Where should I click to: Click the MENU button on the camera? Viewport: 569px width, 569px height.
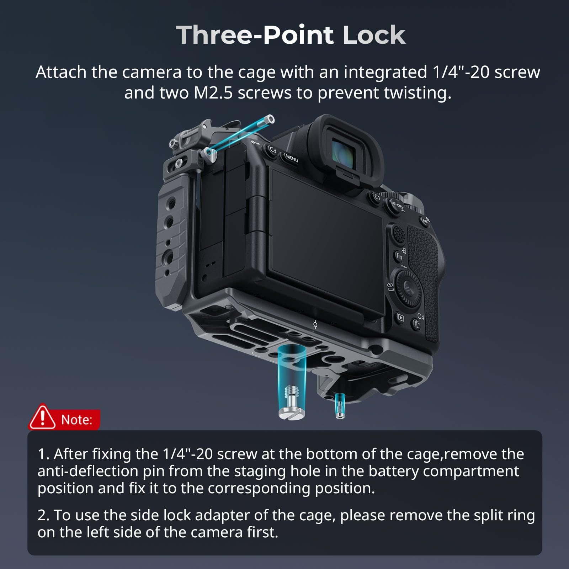[x=291, y=158]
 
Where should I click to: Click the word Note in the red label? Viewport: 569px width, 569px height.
[x=76, y=420]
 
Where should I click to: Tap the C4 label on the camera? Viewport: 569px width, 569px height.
[x=420, y=316]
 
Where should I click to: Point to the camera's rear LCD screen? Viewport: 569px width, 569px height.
[x=325, y=242]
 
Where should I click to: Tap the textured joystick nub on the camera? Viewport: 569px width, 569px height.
[x=399, y=234]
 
